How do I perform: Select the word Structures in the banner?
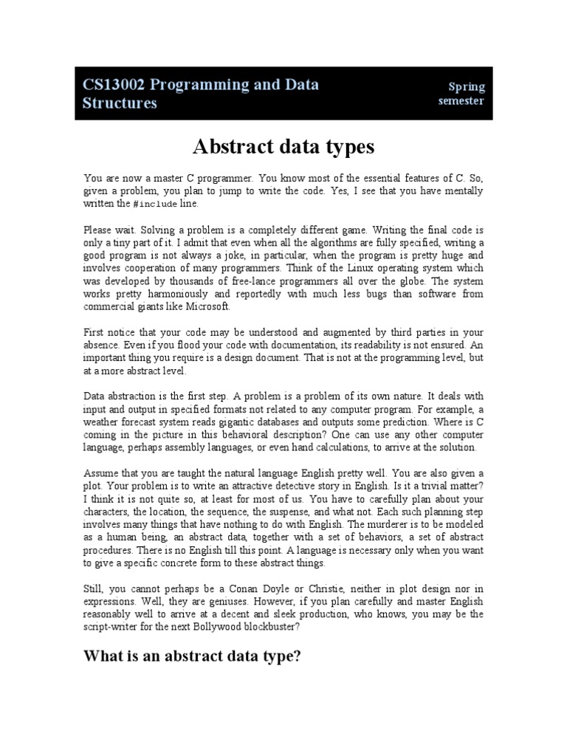coord(120,103)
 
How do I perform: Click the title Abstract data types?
coord(283,147)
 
